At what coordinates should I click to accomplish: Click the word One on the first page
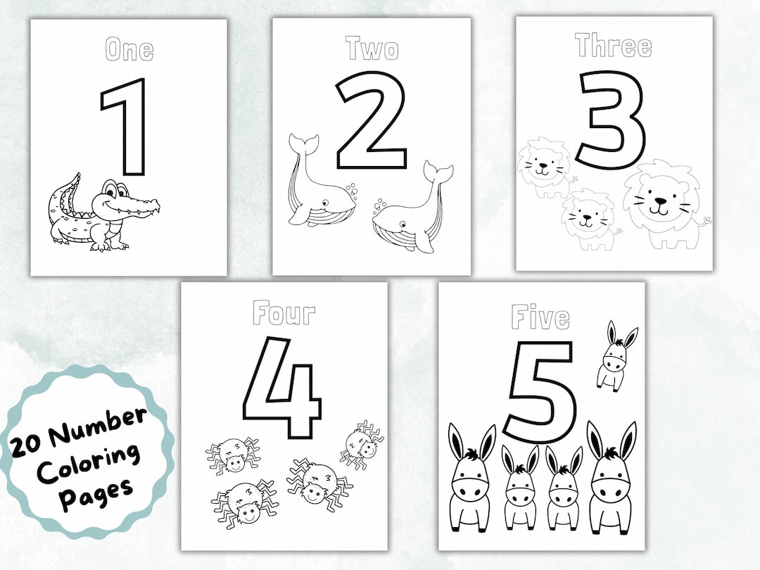pos(129,50)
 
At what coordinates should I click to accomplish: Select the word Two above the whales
pos(372,49)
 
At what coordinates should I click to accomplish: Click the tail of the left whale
pos(303,146)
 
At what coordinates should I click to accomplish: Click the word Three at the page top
pos(613,46)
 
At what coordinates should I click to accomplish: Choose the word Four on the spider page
pos(284,313)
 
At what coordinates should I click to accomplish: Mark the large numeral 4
pos(281,380)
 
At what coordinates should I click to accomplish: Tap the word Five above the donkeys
pos(540,317)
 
